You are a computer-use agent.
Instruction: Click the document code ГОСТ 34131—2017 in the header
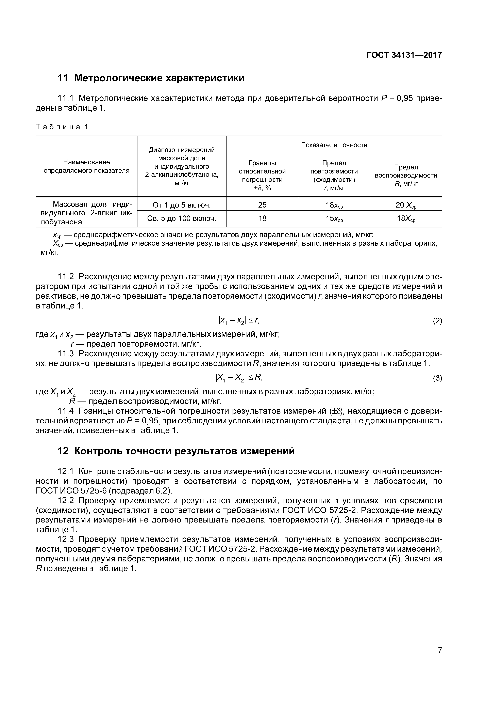[404, 55]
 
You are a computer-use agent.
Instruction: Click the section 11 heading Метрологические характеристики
[151, 78]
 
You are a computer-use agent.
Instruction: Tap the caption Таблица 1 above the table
[62, 127]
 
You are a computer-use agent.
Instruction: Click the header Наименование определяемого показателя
[87, 166]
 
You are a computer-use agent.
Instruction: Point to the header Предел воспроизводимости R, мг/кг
[406, 175]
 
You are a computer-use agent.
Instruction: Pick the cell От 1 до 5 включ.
[182, 205]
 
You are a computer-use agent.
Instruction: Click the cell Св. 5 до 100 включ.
[182, 219]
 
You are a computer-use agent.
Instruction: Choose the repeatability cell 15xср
[334, 219]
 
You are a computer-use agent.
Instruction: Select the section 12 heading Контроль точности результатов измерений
[176, 451]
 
